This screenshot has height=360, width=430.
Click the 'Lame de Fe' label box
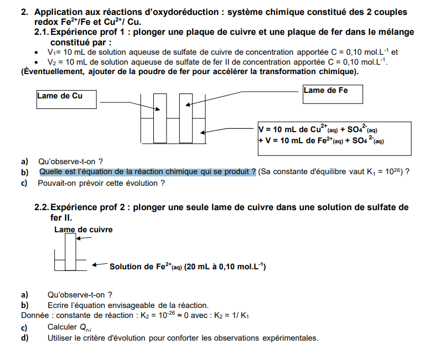pyautogui.click(x=333, y=93)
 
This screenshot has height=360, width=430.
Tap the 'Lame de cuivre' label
pyautogui.click(x=83, y=229)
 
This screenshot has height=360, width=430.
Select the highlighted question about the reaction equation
pyautogui.click(x=147, y=172)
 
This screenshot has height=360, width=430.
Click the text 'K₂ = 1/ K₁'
pyautogui.click(x=227, y=316)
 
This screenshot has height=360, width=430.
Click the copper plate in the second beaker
pyautogui.click(x=70, y=252)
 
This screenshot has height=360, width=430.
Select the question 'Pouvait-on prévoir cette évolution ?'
pyautogui.click(x=101, y=182)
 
